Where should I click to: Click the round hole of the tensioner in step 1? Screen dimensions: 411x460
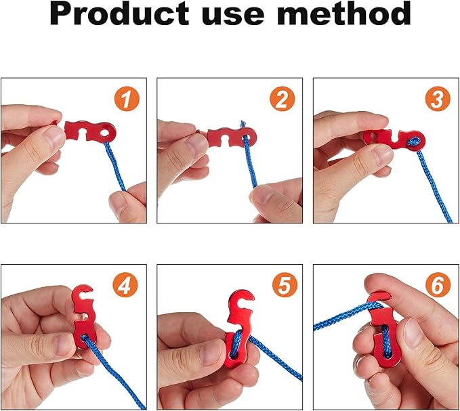(106, 134)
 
